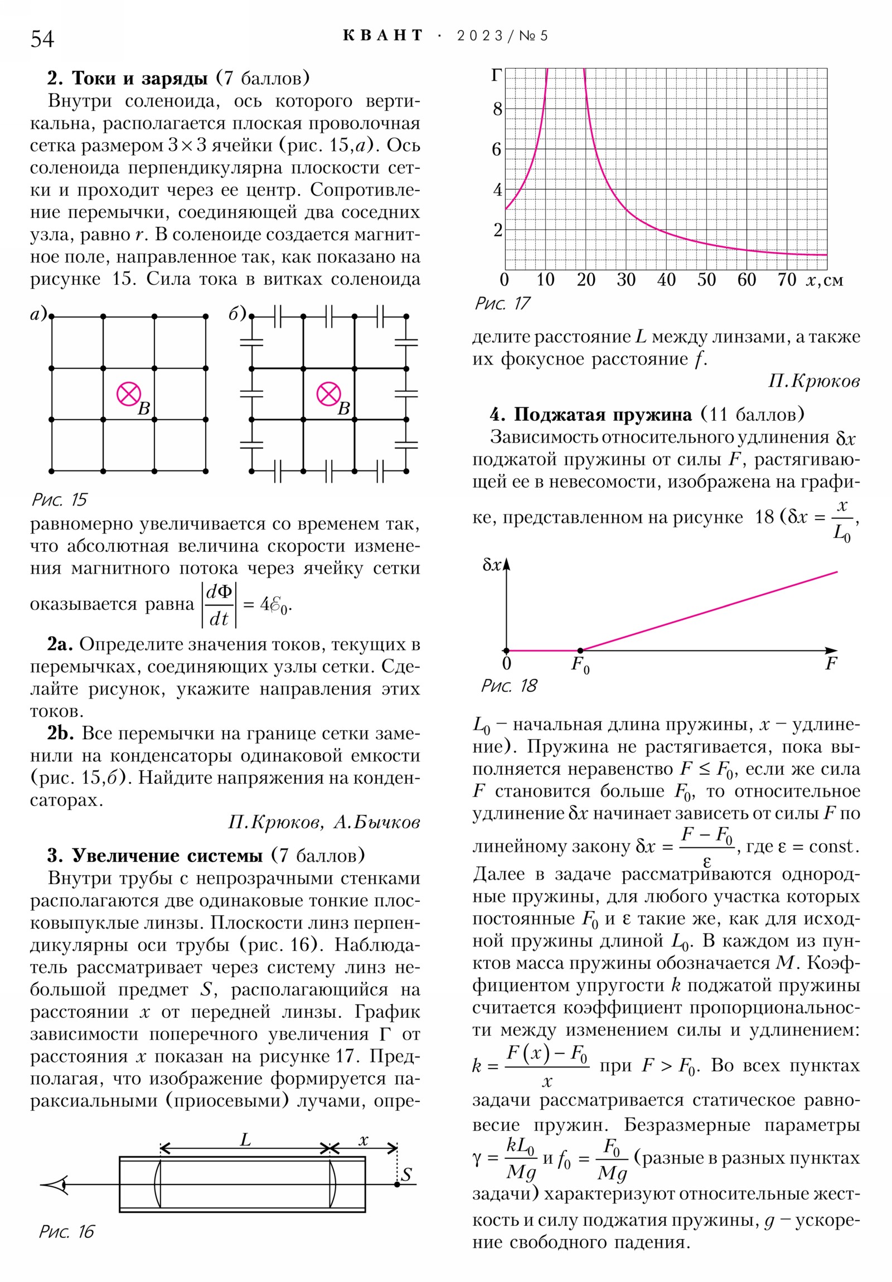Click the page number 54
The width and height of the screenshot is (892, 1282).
tap(42, 39)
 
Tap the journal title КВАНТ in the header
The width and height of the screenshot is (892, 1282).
tap(382, 36)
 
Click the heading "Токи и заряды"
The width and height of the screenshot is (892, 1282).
tap(139, 78)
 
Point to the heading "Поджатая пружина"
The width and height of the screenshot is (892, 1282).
tap(603, 414)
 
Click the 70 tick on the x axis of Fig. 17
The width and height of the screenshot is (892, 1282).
tap(787, 280)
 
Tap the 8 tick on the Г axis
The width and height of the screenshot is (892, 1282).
tap(497, 109)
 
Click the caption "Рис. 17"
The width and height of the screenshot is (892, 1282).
tap(502, 303)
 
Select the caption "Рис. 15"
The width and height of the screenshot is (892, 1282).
tap(59, 499)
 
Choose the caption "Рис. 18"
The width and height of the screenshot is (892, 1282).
tap(508, 686)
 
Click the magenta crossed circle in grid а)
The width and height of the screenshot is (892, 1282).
tap(128, 394)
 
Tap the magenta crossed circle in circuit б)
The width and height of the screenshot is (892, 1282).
tap(328, 394)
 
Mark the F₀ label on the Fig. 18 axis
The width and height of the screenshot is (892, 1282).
tap(580, 665)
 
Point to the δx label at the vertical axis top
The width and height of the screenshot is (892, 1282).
tap(492, 565)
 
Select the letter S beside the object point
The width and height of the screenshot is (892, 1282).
tap(406, 1173)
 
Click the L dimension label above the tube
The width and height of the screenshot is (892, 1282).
tap(245, 1140)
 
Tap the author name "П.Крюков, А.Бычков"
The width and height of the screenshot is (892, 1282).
tap(323, 822)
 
